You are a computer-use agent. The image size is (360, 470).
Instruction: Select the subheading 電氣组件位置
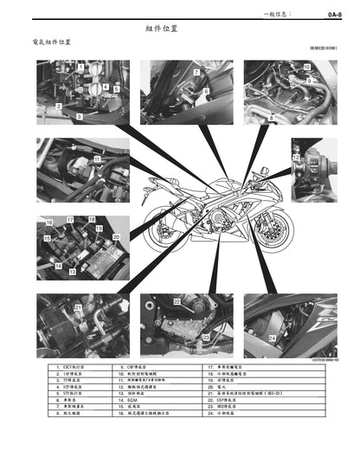(51, 42)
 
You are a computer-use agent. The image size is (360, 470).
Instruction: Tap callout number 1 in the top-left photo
(80, 68)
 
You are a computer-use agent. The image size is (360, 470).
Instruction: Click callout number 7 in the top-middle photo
(196, 73)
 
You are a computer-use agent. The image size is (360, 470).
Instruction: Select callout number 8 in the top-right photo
(272, 115)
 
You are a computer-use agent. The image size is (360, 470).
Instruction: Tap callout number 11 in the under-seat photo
(97, 160)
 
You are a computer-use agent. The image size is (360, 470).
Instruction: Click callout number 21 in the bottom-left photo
(77, 308)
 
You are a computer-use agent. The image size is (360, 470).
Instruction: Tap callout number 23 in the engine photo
(205, 335)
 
